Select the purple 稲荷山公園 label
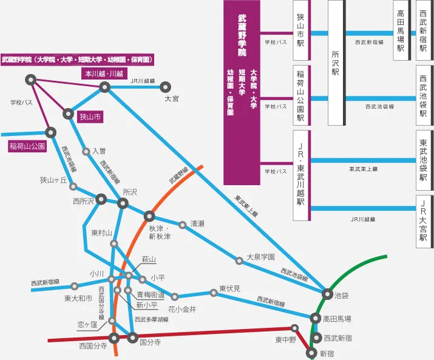(x=27, y=146)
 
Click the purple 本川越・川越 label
(x=103, y=73)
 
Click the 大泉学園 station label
(x=260, y=257)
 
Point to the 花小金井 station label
(x=182, y=309)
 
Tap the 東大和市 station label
(x=78, y=298)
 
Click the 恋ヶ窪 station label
(x=87, y=325)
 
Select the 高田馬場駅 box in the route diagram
(x=401, y=30)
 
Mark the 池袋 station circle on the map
(x=327, y=294)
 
